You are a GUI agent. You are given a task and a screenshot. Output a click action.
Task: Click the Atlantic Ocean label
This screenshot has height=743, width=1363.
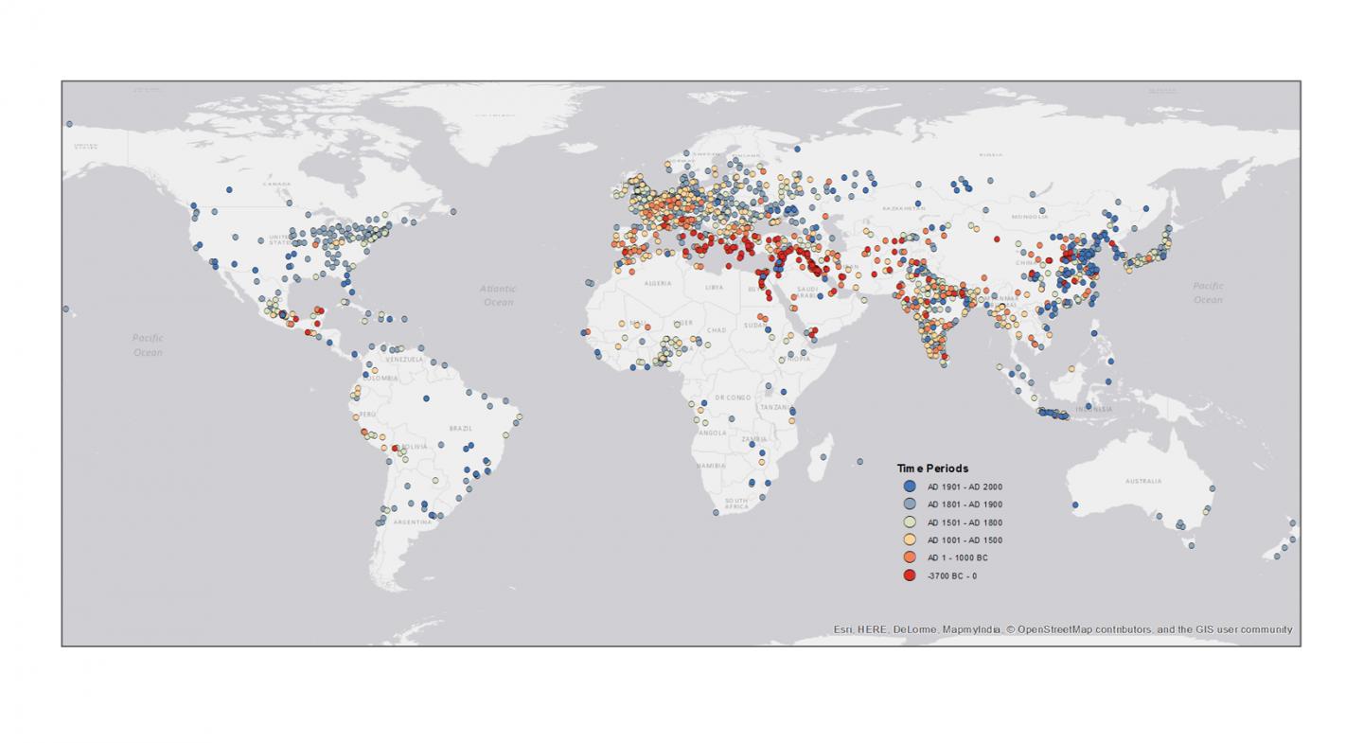click(x=498, y=295)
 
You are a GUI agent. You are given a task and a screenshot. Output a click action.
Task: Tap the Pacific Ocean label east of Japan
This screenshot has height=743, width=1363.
click(x=1208, y=292)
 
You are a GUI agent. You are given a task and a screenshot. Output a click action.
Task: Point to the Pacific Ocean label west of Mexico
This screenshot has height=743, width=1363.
click(x=148, y=345)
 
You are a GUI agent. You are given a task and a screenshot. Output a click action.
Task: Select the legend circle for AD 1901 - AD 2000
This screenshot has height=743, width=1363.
click(x=910, y=486)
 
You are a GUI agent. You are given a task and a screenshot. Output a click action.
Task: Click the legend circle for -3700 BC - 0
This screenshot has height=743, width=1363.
click(x=910, y=575)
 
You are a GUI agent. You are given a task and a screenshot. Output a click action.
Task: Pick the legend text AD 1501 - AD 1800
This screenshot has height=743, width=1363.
click(x=965, y=522)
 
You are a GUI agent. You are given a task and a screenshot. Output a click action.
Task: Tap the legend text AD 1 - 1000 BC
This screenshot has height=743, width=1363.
click(x=957, y=558)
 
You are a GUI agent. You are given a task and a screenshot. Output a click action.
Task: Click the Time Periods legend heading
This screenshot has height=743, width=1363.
click(x=932, y=469)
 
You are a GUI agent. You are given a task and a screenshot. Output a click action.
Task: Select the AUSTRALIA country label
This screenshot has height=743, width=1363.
click(x=1143, y=481)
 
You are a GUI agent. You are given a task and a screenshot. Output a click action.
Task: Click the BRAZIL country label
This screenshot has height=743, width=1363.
click(x=461, y=428)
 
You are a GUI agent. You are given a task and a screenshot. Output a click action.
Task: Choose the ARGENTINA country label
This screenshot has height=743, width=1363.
click(x=412, y=522)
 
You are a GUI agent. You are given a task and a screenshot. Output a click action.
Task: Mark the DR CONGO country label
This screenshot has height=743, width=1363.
click(x=732, y=398)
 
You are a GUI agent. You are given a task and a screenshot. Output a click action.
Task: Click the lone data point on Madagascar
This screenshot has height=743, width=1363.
click(x=823, y=457)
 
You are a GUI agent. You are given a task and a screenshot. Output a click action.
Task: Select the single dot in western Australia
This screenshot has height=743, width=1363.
click(x=1075, y=504)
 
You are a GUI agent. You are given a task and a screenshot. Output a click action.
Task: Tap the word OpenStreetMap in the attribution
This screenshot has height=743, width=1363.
click(x=1055, y=629)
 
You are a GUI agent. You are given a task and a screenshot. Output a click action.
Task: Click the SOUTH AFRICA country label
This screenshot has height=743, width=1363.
click(x=736, y=504)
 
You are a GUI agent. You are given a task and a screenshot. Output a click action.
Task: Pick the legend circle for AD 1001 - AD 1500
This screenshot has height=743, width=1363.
click(x=910, y=540)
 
